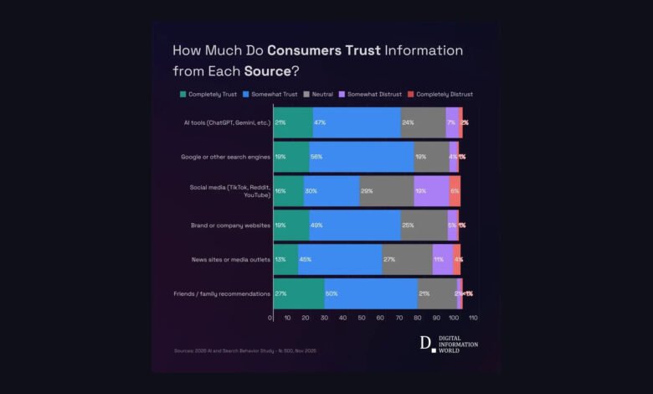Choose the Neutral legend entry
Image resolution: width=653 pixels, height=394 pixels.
coord(321,95)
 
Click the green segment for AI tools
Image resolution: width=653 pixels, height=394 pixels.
coord(293,122)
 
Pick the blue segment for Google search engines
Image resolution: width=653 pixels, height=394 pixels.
coord(362,157)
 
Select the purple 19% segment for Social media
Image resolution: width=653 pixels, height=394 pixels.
coord(431,191)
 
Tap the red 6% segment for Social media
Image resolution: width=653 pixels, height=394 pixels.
coord(455,191)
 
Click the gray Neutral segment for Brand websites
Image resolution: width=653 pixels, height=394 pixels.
coord(424,226)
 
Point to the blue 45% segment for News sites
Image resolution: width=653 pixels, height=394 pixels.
coord(340,260)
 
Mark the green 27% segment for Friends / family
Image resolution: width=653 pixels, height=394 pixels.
coord(299,293)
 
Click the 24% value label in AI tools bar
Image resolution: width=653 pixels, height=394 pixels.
coord(409,122)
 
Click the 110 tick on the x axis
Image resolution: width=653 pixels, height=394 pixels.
coord(472,319)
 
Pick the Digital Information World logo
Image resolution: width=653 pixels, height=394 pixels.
coord(449,344)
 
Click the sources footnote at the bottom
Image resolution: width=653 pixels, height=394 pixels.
coord(245,350)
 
